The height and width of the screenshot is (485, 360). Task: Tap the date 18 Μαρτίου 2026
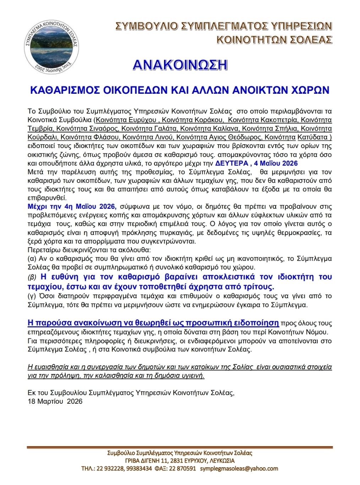[55, 401]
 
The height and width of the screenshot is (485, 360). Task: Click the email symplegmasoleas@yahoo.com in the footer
[239, 468]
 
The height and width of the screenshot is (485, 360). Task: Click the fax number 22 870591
[182, 468]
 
